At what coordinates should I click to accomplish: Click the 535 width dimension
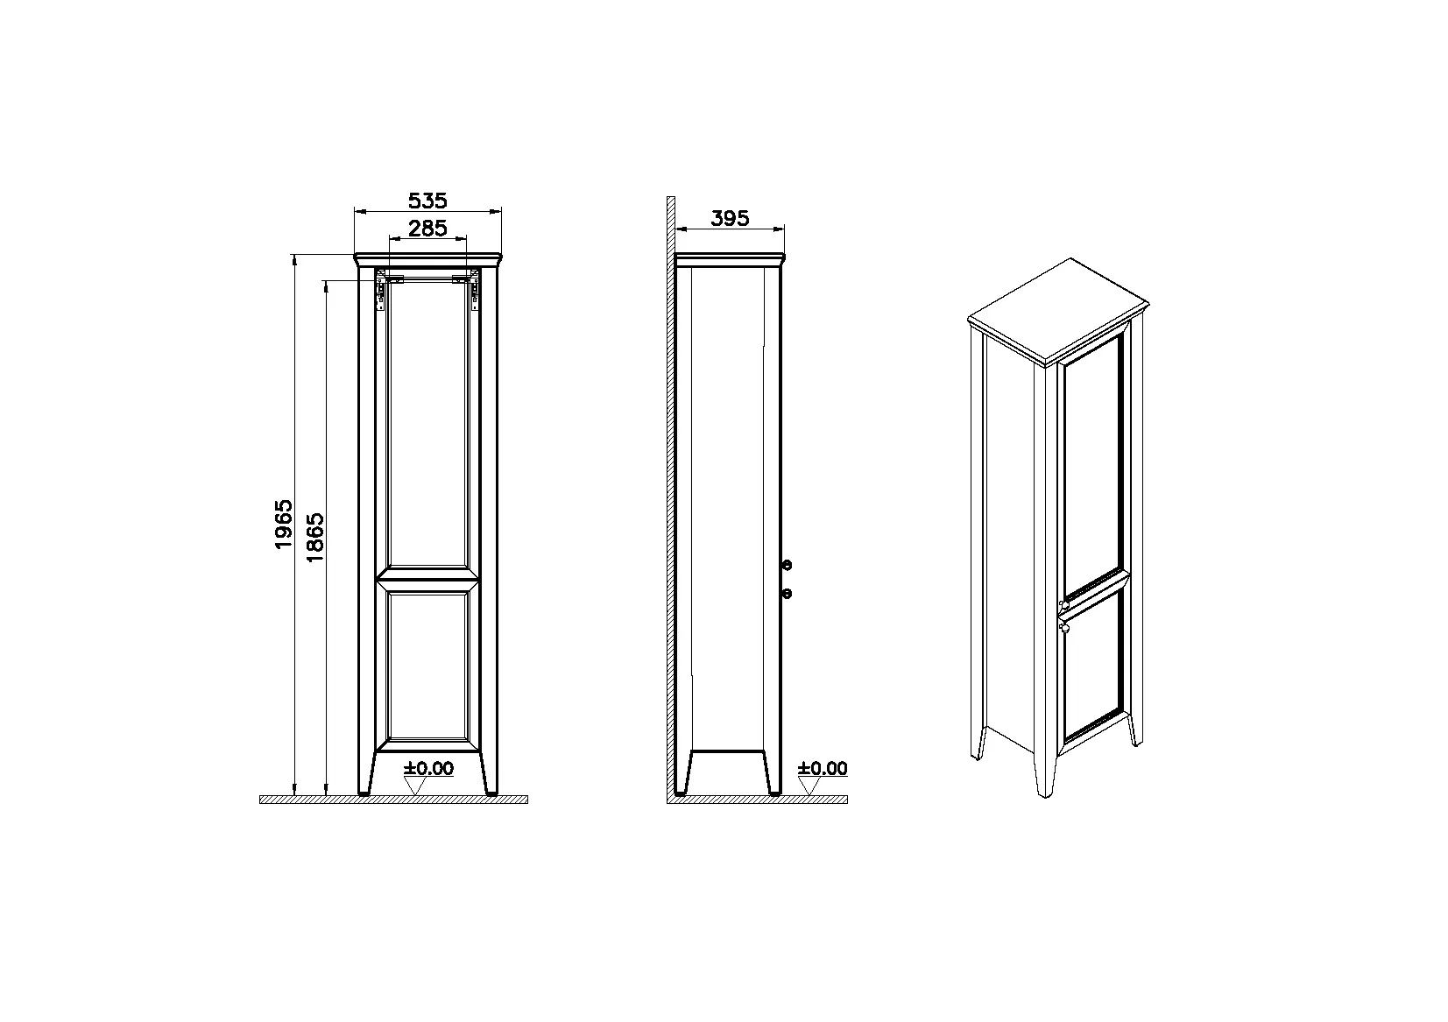pyautogui.click(x=427, y=201)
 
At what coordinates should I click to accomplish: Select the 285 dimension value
pyautogui.click(x=427, y=229)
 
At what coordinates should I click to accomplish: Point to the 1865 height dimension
pyautogui.click(x=314, y=537)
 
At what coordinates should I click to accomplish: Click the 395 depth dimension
pyautogui.click(x=730, y=218)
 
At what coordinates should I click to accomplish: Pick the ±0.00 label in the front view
pyautogui.click(x=429, y=768)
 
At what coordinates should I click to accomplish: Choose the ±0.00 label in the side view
pyautogui.click(x=823, y=768)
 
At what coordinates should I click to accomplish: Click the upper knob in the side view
pyautogui.click(x=787, y=565)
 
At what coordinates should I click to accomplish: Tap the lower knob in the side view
pyautogui.click(x=787, y=594)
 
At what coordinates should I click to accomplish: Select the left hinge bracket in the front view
pyautogui.click(x=382, y=291)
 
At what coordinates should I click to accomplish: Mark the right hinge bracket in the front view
pyautogui.click(x=474, y=291)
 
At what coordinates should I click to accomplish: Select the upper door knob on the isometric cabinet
pyautogui.click(x=1064, y=605)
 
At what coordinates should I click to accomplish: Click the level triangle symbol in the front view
pyautogui.click(x=415, y=786)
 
